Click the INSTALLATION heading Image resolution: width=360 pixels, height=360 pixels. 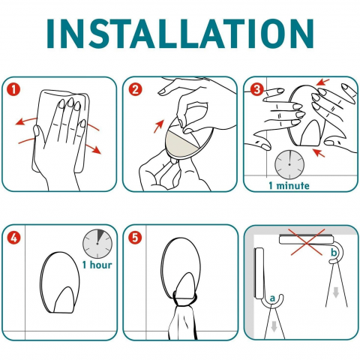pos(180,33)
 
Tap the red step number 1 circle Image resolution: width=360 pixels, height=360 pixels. pos(13,89)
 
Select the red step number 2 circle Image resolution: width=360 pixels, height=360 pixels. pos(135,89)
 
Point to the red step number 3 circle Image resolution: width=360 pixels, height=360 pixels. pos(256,89)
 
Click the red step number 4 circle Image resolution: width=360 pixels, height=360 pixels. pos(13,238)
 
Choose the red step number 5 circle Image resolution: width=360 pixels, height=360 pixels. pos(135,238)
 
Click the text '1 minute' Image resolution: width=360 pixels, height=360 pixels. pos(289,186)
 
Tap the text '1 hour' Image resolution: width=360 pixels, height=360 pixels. pos(97,265)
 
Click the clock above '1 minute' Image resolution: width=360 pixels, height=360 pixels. pos(289,164)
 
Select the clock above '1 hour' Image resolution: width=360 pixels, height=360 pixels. pos(97,244)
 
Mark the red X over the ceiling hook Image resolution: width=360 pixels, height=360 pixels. pos(307,242)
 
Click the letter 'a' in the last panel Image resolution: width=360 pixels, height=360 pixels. pos(272,298)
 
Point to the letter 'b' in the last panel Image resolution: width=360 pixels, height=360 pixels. pos(334,253)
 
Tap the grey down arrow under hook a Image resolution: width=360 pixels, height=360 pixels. pos(274,326)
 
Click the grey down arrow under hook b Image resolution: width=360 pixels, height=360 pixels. pos(336,292)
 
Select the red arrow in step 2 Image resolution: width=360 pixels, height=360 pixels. pos(159,126)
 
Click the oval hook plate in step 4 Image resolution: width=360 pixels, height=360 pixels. pos(60,283)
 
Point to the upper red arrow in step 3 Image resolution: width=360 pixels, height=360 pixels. pos(322,82)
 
